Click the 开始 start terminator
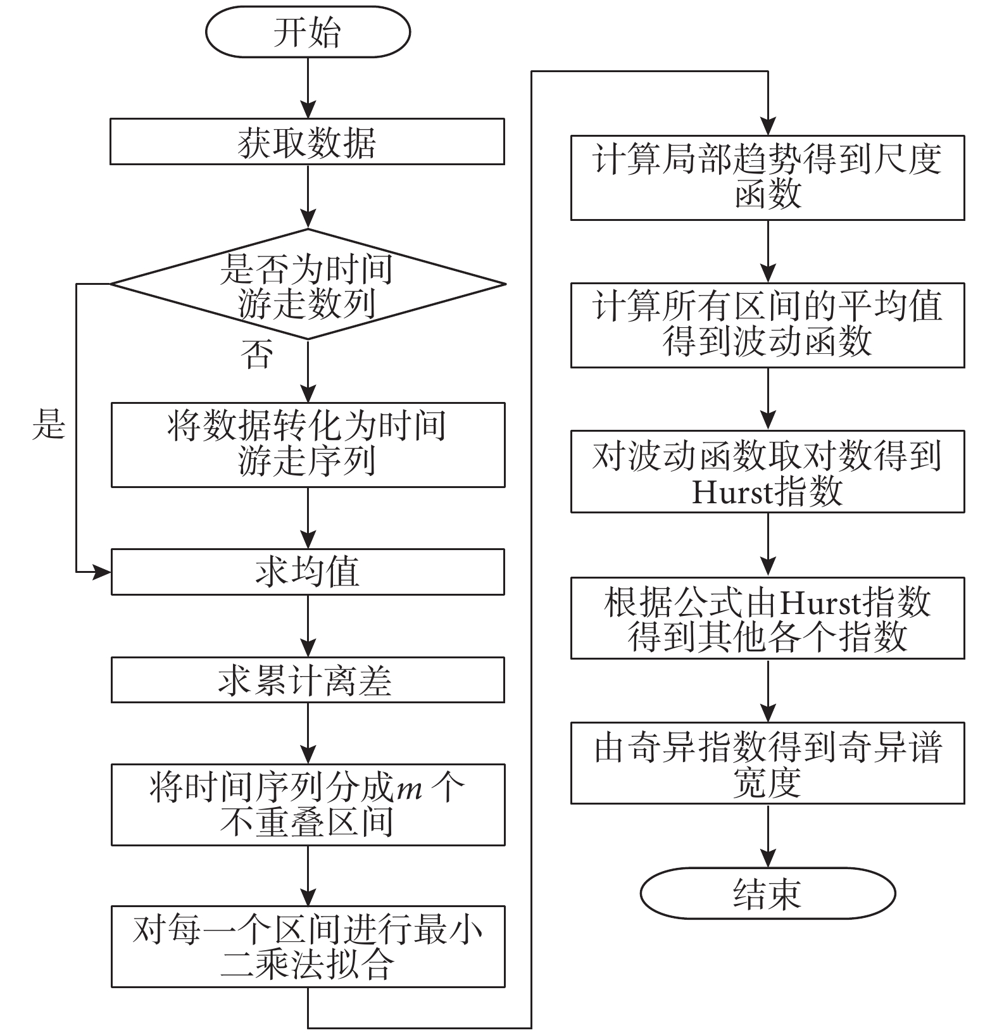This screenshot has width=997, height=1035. click(x=308, y=32)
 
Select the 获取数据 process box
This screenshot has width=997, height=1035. click(x=308, y=142)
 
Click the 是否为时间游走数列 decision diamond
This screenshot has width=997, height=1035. click(x=308, y=284)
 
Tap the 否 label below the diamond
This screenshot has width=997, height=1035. click(x=256, y=354)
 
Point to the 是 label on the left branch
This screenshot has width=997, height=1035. click(x=49, y=424)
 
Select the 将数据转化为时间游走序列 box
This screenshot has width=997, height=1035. click(x=308, y=444)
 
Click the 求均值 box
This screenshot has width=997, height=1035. click(x=308, y=572)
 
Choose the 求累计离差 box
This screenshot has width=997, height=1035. click(x=308, y=680)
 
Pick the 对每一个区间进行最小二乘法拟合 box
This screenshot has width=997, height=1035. click(x=308, y=946)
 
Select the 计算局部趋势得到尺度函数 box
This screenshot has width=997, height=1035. click(x=767, y=178)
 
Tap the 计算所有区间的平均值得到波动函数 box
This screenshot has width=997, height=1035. click(x=767, y=325)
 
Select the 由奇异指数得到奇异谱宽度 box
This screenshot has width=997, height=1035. click(x=767, y=763)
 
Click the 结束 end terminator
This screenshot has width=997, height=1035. click(x=767, y=893)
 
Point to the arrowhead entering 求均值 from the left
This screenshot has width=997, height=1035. click(x=101, y=572)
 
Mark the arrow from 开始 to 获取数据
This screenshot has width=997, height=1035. click(x=308, y=89)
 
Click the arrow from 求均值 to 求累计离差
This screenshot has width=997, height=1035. click(x=308, y=626)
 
